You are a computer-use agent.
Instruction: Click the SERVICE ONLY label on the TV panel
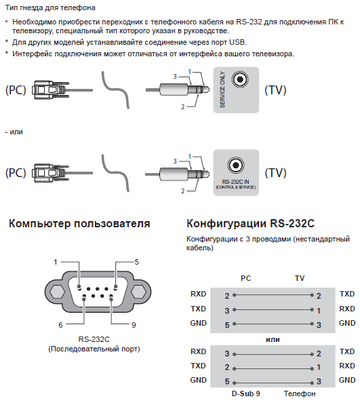pos(222,90)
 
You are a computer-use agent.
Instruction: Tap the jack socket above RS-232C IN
pos(235,166)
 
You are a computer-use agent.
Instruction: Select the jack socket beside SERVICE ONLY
pos(240,79)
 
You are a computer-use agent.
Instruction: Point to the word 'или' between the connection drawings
pos(16,132)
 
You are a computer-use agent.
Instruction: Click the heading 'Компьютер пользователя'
pos(79,223)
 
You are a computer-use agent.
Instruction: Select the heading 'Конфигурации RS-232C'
pos(250,223)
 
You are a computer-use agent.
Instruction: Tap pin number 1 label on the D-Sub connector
pos(55,262)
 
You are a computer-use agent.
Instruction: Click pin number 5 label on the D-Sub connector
pos(136,262)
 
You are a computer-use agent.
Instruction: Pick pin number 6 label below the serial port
pos(60,325)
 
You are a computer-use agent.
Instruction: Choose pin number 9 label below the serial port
pos(134,325)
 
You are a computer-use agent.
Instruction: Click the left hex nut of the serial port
pos(57,292)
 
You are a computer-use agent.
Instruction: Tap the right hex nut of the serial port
pos(139,292)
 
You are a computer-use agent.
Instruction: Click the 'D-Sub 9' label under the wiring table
pos(245,394)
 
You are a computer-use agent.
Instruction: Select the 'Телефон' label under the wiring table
pos(300,394)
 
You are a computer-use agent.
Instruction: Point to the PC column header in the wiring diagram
pos(245,278)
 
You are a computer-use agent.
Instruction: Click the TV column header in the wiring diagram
pos(300,278)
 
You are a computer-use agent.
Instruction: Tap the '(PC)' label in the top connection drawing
pos(16,90)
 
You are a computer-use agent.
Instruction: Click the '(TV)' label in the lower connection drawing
pos(275,173)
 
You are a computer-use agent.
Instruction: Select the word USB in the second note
pos(237,42)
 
